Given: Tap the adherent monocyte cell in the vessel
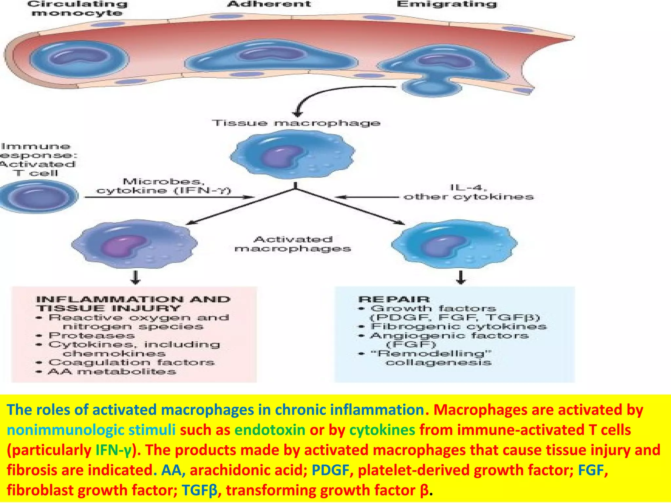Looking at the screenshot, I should [271, 57].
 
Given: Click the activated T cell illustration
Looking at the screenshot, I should [39, 196].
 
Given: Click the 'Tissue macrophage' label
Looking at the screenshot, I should [296, 123].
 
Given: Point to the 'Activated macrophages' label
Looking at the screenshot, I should [293, 244].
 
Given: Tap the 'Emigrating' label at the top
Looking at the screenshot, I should [447, 4].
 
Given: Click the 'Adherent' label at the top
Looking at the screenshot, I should [269, 4].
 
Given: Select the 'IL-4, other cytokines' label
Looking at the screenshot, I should [469, 192].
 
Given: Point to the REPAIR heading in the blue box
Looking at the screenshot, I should [394, 299].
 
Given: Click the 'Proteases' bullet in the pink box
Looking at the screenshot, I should [92, 336].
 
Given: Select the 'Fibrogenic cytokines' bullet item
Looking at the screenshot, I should [459, 326].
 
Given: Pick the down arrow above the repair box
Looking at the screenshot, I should [461, 277].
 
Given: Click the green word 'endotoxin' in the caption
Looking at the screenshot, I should [270, 430].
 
